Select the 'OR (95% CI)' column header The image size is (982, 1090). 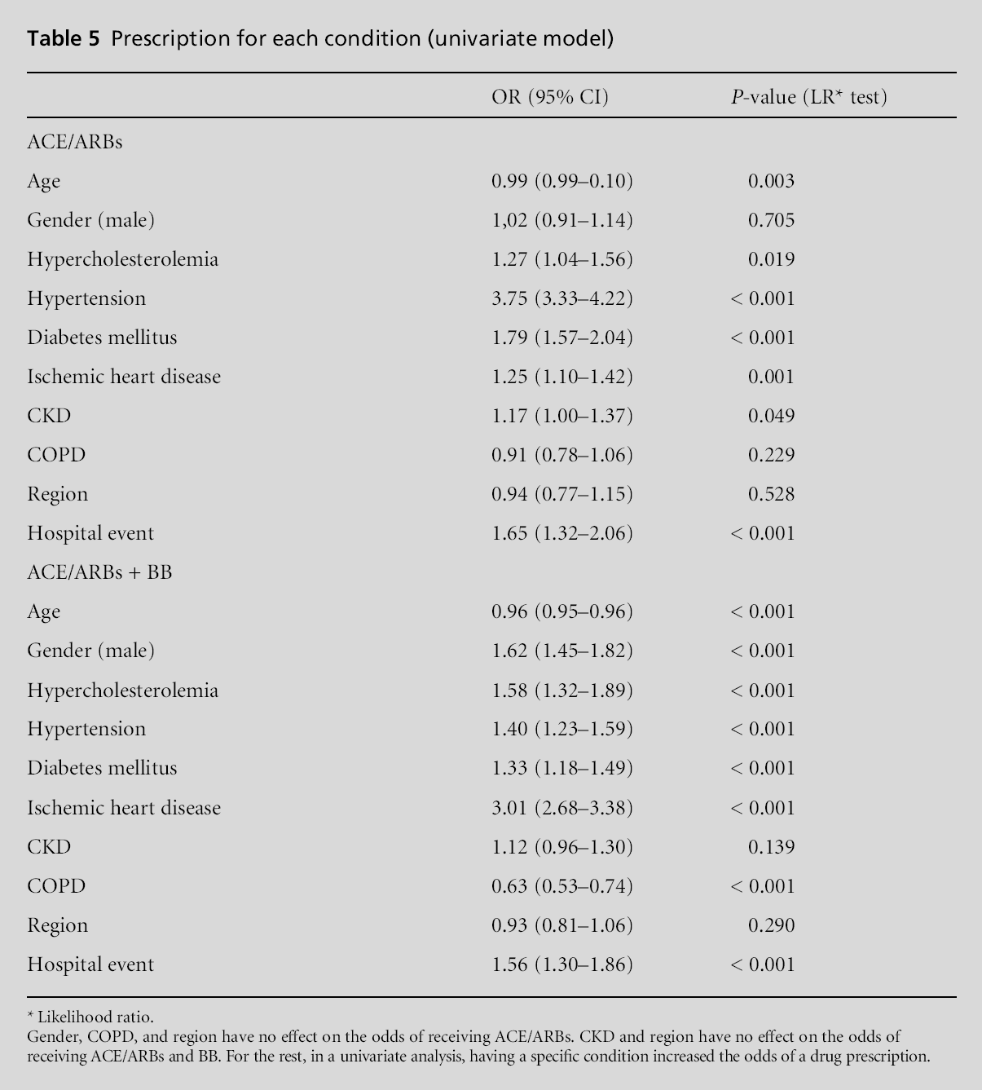click(x=550, y=97)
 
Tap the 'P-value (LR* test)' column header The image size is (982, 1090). click(x=808, y=97)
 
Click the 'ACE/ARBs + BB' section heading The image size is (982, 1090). click(x=99, y=572)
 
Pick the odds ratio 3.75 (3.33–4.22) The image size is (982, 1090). click(x=561, y=298)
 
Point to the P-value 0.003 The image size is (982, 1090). click(x=771, y=181)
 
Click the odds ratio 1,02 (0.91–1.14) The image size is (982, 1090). click(x=561, y=220)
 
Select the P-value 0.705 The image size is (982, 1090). click(x=771, y=220)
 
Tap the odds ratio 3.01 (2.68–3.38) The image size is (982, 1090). click(x=561, y=808)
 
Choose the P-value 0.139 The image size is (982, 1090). click(x=771, y=847)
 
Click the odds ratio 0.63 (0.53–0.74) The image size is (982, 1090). click(x=561, y=886)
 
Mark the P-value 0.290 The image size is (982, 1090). click(x=771, y=925)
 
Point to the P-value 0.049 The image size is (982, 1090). click(x=771, y=416)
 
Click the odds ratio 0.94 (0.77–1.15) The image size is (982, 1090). click(x=561, y=494)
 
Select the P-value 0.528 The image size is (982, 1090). click(x=771, y=494)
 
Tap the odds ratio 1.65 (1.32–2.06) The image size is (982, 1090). click(x=561, y=533)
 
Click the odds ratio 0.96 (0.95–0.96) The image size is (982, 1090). click(x=561, y=611)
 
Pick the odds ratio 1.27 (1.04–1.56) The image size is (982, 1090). click(x=561, y=259)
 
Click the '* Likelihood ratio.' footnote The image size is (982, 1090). click(x=90, y=1017)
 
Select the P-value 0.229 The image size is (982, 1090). click(x=771, y=455)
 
